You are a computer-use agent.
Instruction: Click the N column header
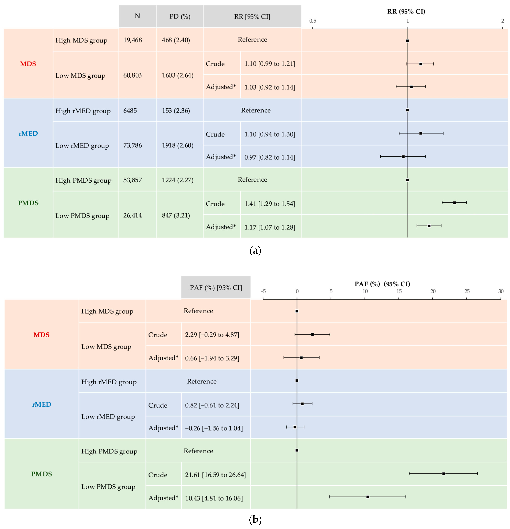pos(137,16)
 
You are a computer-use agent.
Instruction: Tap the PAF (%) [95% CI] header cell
pos(216,287)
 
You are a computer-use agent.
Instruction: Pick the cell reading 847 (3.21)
pos(176,215)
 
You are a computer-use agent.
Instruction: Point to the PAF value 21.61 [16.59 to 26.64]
pos(215,475)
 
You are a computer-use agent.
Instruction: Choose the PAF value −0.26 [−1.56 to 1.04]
pos(214,428)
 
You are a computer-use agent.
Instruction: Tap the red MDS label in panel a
pos(28,64)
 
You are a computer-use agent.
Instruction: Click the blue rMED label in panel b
pos(42,404)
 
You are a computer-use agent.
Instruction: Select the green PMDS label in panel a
pos(28,203)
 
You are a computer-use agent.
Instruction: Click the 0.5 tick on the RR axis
pos(313,21)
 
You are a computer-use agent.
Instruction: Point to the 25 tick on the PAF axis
pos(467,291)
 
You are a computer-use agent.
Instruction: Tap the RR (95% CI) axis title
pos(406,11)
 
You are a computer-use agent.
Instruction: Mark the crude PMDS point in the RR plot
pos(454,202)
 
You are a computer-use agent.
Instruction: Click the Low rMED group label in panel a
pos(82,146)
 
